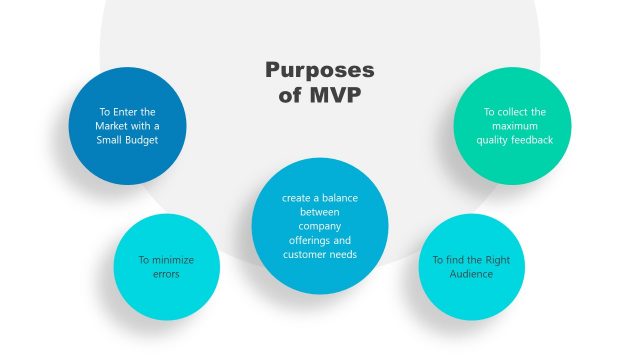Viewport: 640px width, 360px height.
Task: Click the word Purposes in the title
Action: [x=320, y=71]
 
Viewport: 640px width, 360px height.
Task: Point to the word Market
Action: [x=115, y=126]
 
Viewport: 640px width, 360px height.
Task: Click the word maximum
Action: [x=514, y=126]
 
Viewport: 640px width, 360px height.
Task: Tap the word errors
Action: [x=166, y=273]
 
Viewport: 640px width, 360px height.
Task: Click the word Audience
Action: [x=469, y=273]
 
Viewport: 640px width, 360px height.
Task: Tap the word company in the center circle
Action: [x=320, y=226]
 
